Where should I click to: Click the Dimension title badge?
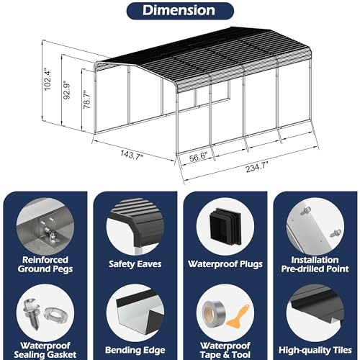pos(180,11)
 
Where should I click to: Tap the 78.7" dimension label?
pos(86,99)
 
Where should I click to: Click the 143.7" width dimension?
pos(131,154)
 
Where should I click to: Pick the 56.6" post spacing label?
pos(198,158)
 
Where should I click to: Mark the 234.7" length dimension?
pos(257,167)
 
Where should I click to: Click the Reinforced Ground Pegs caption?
pos(45,264)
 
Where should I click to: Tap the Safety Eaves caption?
pos(135,264)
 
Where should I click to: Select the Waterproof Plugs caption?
pos(225,264)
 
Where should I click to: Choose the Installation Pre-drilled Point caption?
pos(315,264)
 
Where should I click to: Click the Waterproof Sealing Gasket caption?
pos(45,350)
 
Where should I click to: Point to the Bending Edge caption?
pos(135,350)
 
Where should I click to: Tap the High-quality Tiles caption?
pos(315,350)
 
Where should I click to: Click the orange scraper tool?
pos(238,316)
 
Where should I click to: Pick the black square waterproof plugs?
pos(225,225)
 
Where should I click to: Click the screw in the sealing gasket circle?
pos(31,314)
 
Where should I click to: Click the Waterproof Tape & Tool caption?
pos(225,350)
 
